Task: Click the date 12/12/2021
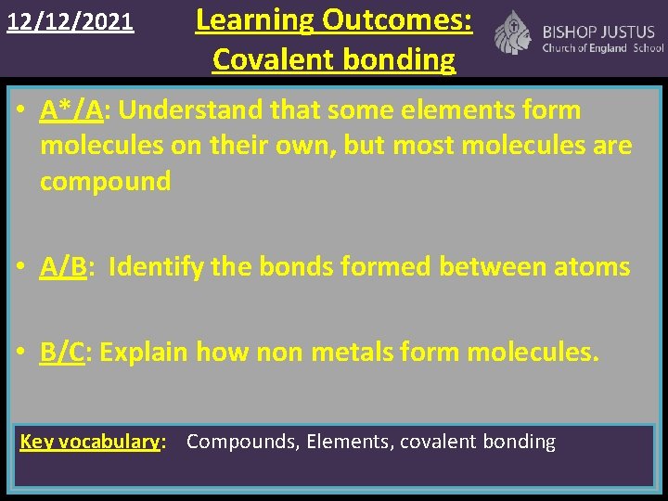[x=71, y=20]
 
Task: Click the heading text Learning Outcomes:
[x=334, y=19]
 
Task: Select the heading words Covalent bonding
[x=334, y=59]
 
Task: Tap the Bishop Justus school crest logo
[x=511, y=33]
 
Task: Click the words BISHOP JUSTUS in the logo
[x=598, y=32]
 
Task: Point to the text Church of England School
[x=603, y=48]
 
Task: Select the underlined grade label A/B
[x=64, y=267]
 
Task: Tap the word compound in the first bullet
[x=105, y=181]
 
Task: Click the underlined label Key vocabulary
[x=90, y=442]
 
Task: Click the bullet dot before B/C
[x=27, y=353]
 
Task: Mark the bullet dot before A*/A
[x=27, y=111]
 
